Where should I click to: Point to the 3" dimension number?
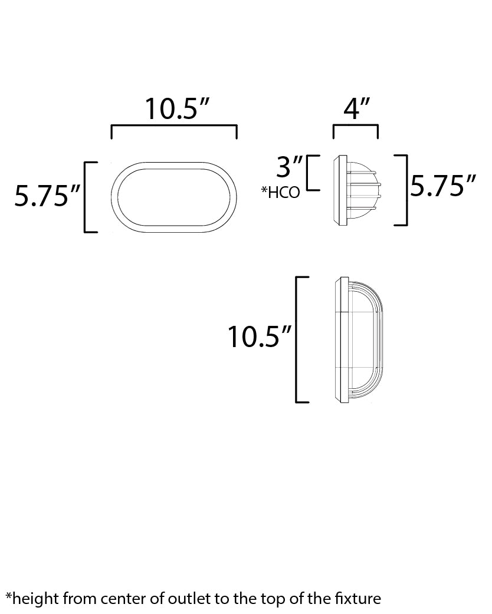click(x=289, y=167)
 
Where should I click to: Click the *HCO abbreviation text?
click(x=280, y=193)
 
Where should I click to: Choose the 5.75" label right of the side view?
click(x=443, y=187)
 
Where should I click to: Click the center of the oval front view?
click(x=174, y=197)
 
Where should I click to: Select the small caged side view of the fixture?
click(x=357, y=190)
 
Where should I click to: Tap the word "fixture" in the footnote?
click(x=359, y=600)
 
